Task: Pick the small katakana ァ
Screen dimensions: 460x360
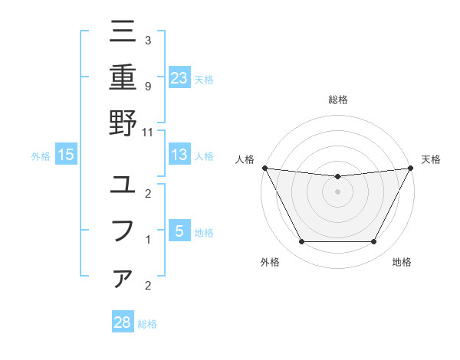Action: (123, 279)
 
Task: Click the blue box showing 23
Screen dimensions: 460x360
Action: (179, 77)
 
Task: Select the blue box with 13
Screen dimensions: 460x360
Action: (179, 155)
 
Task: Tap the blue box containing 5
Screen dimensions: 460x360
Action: (179, 231)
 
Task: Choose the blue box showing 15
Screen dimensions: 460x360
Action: (66, 155)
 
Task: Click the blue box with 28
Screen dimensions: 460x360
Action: (123, 322)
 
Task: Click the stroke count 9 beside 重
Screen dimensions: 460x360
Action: (147, 86)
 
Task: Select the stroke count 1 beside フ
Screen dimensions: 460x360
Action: (147, 240)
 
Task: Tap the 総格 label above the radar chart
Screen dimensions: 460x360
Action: (337, 100)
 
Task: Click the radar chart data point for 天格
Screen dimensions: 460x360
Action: (410, 168)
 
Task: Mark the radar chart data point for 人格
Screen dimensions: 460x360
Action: (264, 168)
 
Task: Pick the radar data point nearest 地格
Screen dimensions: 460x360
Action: (374, 242)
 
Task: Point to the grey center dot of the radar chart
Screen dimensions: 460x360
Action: (337, 191)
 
